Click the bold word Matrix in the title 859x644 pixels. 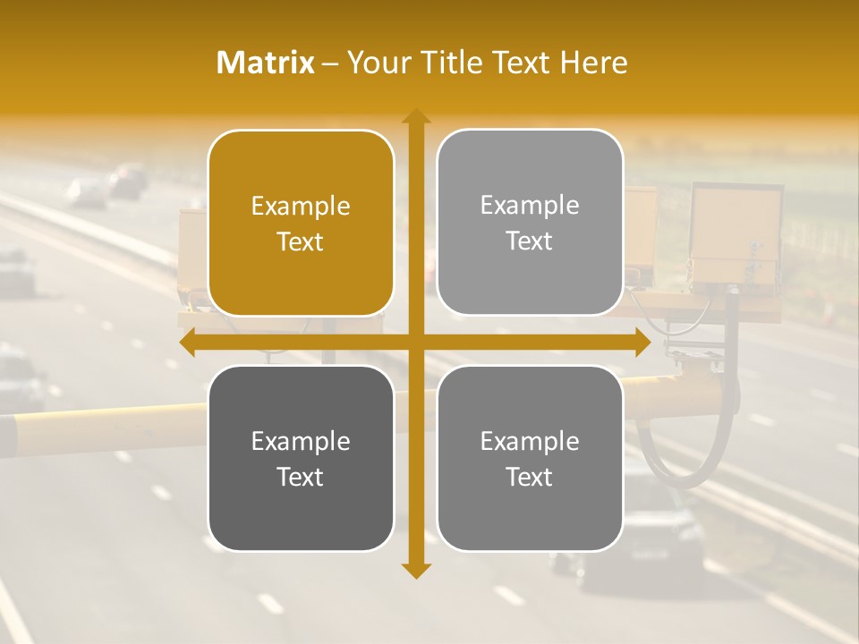(266, 63)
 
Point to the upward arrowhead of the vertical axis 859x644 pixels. (415, 116)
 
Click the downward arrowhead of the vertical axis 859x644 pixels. (415, 570)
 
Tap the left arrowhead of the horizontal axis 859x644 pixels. (187, 343)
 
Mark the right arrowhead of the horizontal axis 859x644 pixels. (642, 343)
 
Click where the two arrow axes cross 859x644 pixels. (415, 343)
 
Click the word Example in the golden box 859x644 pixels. (301, 207)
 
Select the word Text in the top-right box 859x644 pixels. (530, 241)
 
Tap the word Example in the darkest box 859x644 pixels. (301, 442)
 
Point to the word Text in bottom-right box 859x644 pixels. (530, 477)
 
